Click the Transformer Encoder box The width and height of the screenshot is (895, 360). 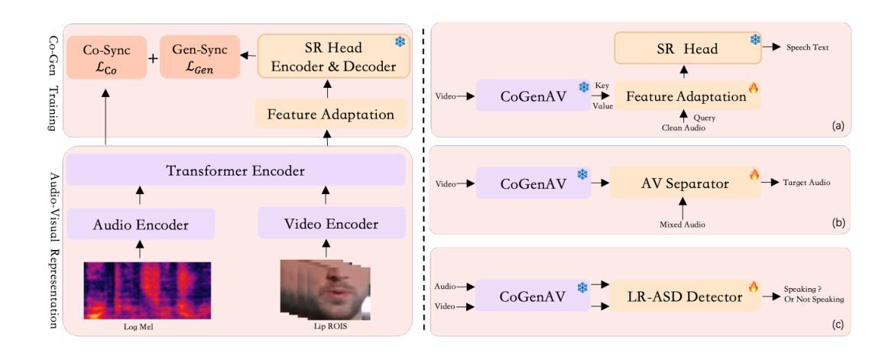click(236, 170)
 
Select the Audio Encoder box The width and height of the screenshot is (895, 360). click(141, 224)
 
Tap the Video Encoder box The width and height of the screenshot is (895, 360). click(332, 224)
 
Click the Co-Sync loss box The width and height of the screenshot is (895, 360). click(106, 57)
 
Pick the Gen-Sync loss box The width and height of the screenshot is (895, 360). click(199, 57)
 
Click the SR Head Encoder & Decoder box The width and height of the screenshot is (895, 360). click(334, 57)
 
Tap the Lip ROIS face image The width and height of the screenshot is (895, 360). click(326, 290)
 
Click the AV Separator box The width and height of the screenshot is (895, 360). click(685, 183)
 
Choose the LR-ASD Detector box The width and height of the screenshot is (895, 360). click(685, 297)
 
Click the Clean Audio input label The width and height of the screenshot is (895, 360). click(683, 129)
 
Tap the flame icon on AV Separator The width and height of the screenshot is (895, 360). click(754, 174)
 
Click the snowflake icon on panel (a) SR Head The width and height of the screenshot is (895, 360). click(755, 41)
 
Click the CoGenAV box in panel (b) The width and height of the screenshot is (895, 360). click(533, 183)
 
